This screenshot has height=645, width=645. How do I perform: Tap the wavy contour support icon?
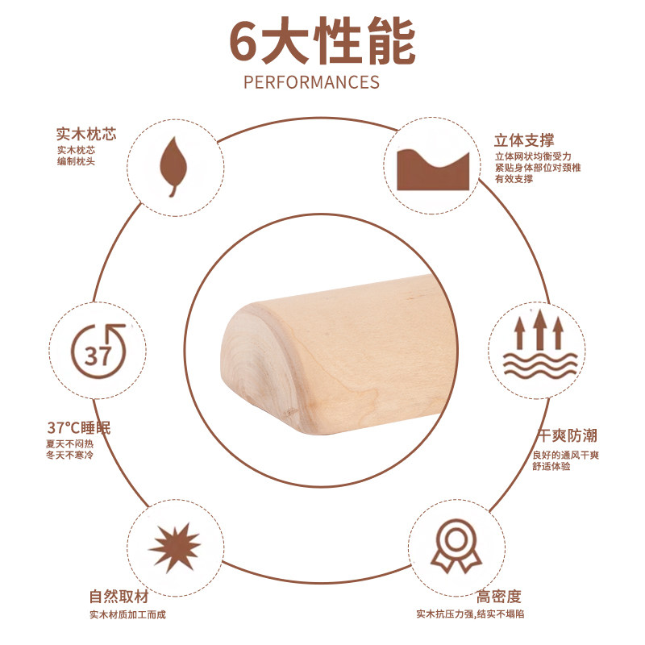click(x=433, y=168)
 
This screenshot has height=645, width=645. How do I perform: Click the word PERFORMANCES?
click(x=311, y=82)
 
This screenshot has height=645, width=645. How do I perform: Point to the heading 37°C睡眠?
click(x=78, y=427)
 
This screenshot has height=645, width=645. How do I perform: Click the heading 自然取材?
click(x=119, y=597)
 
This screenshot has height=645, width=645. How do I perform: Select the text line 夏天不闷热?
click(x=70, y=443)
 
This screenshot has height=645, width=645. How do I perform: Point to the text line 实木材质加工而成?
click(x=127, y=615)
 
